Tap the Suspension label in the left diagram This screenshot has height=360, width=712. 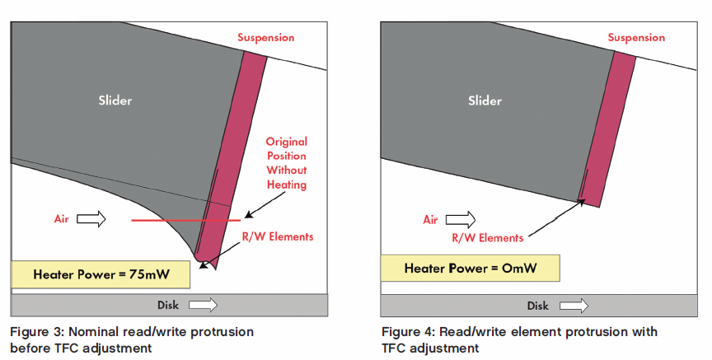pyautogui.click(x=265, y=38)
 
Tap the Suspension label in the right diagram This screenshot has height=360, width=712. pyautogui.click(x=636, y=38)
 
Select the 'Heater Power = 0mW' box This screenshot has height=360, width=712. pyautogui.click(x=470, y=268)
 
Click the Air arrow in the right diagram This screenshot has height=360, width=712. pyautogui.click(x=461, y=219)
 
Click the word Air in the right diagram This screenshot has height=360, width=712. pyautogui.click(x=430, y=219)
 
